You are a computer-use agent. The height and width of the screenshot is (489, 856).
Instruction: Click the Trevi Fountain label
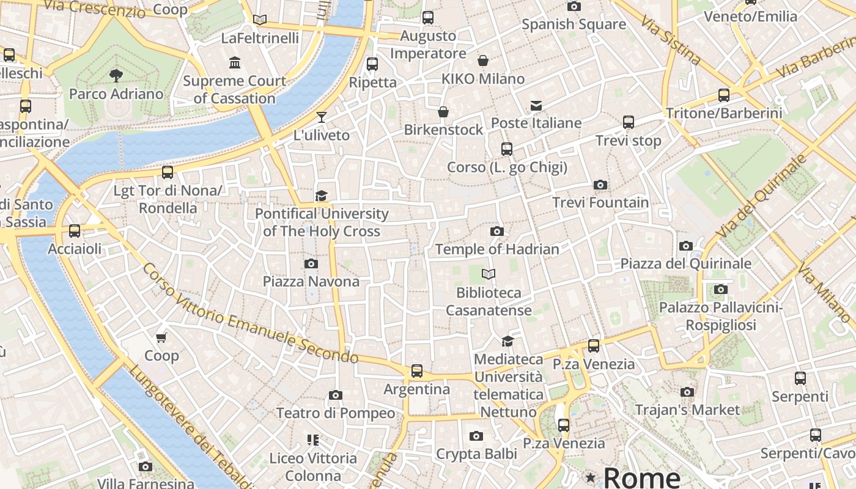(600, 202)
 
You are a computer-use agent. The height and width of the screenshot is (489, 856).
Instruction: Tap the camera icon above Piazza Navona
(311, 263)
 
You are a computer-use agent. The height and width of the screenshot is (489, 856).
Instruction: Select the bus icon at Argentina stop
(417, 371)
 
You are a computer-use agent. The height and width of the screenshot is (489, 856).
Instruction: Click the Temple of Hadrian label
(497, 249)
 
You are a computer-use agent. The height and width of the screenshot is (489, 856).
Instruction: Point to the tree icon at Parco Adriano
(116, 76)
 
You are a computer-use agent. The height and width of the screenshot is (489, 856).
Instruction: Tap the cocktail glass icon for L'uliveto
(322, 117)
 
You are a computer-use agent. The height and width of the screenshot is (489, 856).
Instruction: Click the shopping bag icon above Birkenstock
(443, 112)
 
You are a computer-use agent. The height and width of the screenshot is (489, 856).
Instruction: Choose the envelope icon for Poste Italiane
(536, 106)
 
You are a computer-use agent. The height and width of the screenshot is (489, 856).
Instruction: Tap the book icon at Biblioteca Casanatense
(488, 274)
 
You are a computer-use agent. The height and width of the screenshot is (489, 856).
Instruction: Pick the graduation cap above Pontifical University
(321, 196)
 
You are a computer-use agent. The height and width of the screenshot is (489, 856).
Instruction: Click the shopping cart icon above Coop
(161, 337)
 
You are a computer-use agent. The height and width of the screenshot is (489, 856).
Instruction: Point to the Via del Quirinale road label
(761, 197)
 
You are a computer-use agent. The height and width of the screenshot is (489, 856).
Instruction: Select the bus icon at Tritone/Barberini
(724, 95)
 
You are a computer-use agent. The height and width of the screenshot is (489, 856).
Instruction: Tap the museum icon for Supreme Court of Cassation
(235, 63)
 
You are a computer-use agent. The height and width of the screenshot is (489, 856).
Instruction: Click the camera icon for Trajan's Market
(687, 392)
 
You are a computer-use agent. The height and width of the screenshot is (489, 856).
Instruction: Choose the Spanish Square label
(574, 24)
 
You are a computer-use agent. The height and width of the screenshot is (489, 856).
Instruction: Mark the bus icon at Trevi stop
(629, 122)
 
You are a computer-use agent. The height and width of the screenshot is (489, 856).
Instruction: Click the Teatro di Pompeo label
(336, 413)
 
